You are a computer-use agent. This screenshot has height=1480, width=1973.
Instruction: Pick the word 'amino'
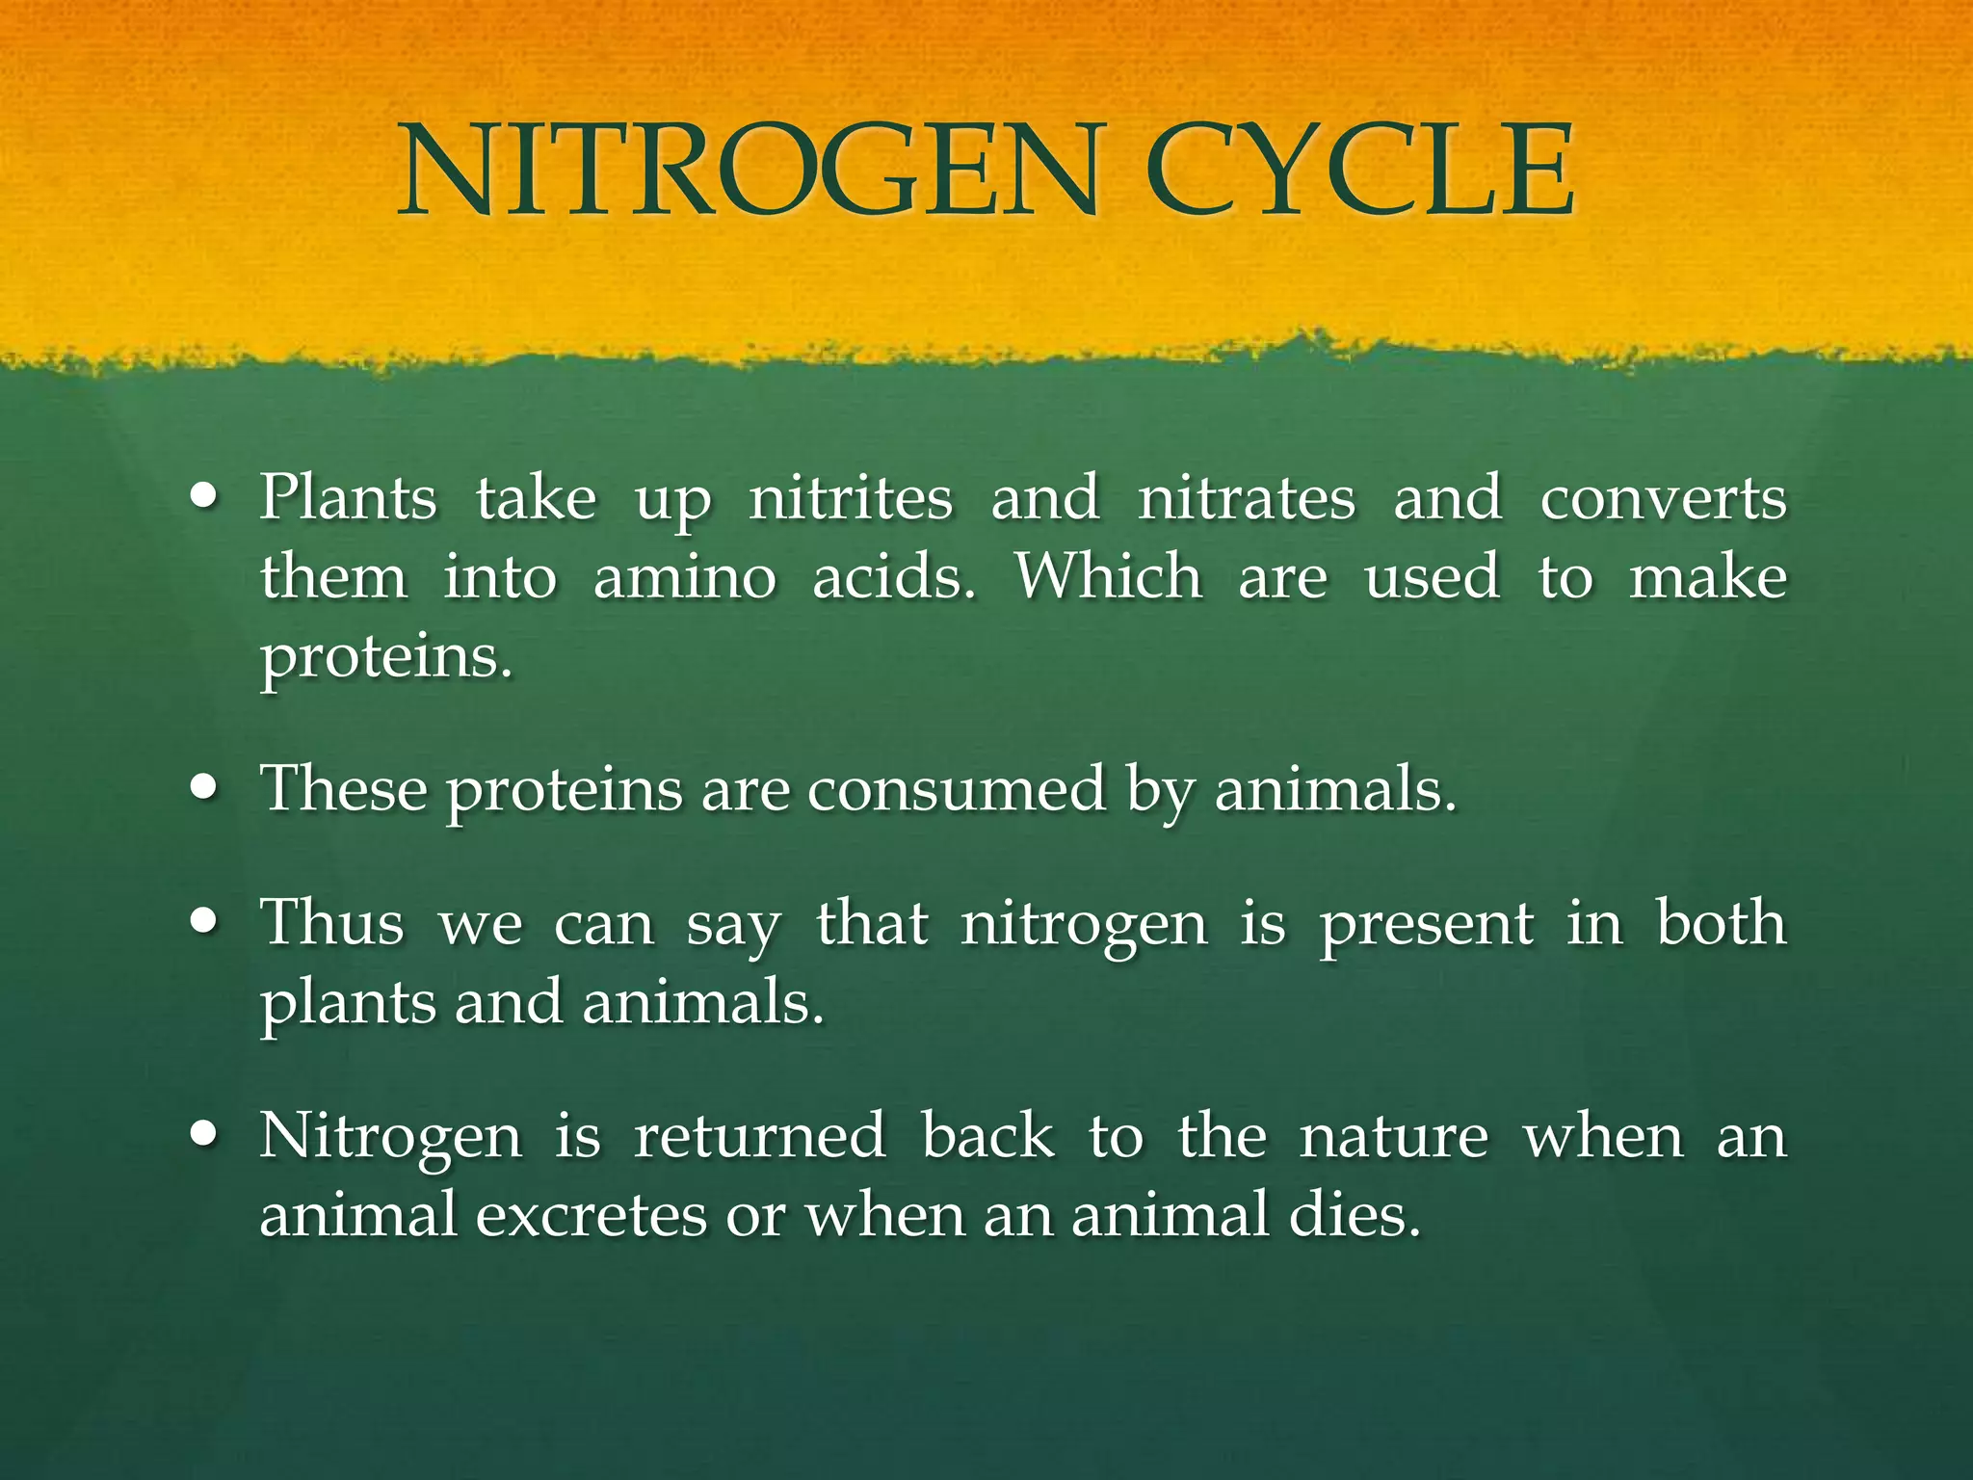(685, 578)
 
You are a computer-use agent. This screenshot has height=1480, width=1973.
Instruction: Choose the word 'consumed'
(956, 789)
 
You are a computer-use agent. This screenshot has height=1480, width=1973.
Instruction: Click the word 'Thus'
(332, 923)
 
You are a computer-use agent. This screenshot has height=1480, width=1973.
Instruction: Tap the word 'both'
(1721, 922)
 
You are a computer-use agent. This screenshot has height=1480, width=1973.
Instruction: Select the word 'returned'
(759, 1135)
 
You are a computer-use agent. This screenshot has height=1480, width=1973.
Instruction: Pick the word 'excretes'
(592, 1215)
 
